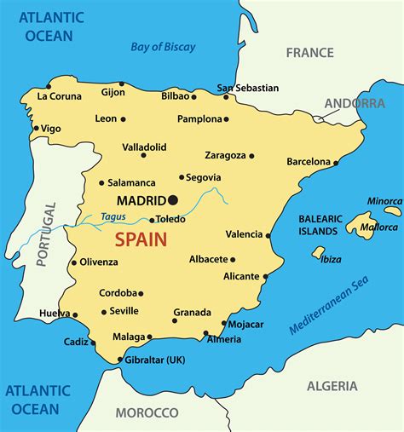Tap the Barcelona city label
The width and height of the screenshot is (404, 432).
[x=308, y=161]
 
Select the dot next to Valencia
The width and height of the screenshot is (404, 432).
[x=268, y=235]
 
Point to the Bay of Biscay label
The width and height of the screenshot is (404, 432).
[x=163, y=47]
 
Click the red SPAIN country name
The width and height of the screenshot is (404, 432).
[x=141, y=239]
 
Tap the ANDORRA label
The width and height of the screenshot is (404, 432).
[x=355, y=103]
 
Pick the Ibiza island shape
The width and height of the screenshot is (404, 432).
[x=319, y=252]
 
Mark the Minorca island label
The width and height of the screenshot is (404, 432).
[x=384, y=201]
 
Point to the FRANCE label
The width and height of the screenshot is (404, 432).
[x=309, y=52]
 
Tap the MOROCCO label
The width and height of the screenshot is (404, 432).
[x=147, y=412]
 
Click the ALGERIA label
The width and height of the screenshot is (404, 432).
[x=332, y=386]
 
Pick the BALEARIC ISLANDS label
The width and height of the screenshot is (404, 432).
[x=320, y=225]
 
